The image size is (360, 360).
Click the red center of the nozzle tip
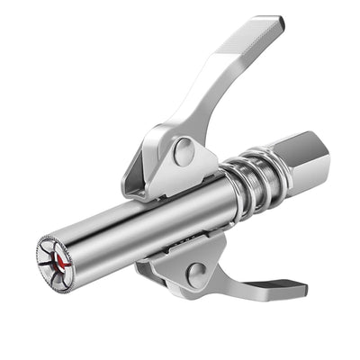coord(60,258)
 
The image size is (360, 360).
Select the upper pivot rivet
coord(184,151)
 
